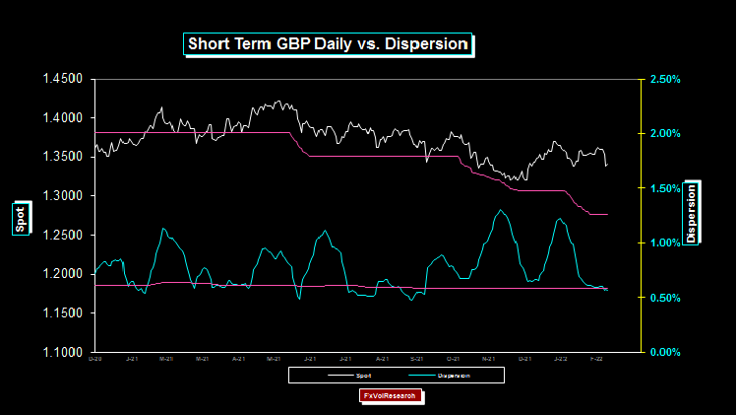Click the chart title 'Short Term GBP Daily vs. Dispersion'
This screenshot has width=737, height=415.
328,43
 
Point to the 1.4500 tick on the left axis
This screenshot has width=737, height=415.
61,79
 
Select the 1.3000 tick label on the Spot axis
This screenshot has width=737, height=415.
61,196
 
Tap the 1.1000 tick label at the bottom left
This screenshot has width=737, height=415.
61,352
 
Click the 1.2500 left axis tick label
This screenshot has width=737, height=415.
61,235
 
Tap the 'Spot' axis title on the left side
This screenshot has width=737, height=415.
21,224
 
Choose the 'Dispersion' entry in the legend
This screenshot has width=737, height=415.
454,376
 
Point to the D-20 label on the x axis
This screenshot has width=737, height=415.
94,360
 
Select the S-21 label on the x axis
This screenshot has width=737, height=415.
416,360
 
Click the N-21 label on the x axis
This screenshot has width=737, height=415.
487,360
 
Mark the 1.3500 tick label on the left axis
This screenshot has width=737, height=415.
61,157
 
